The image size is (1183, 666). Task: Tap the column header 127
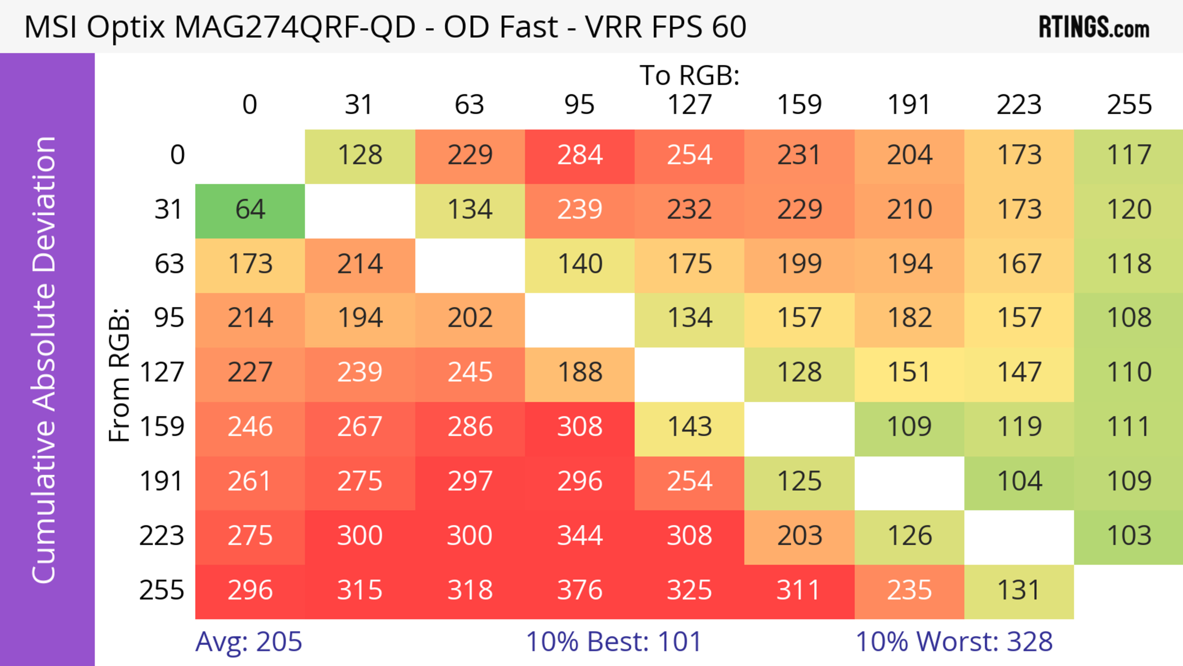pos(689,105)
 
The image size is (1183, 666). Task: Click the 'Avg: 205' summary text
pos(248,642)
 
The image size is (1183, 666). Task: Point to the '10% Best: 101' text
pos(614,642)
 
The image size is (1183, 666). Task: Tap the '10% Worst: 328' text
pos(954,642)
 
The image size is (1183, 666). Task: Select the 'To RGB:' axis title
pos(689,75)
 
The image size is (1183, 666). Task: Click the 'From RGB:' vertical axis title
pos(120,375)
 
